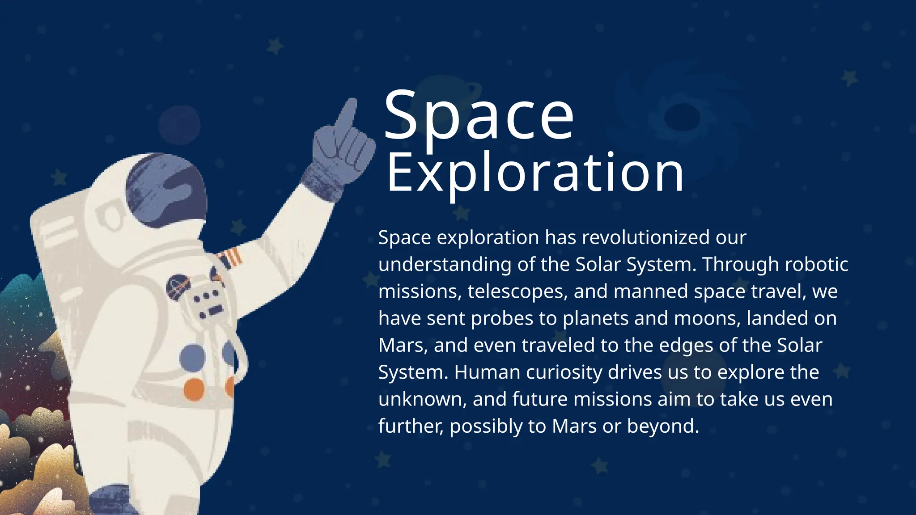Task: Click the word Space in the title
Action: [478, 116]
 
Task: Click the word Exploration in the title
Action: [535, 173]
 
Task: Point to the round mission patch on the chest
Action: [178, 287]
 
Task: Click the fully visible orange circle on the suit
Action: [194, 389]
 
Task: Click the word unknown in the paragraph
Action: [422, 399]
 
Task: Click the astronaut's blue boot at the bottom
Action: [110, 501]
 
